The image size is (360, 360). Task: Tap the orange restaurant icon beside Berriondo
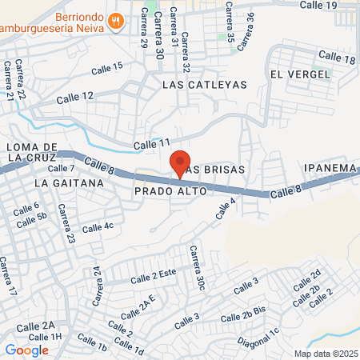click(x=116, y=20)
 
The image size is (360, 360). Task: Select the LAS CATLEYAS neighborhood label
click(x=201, y=83)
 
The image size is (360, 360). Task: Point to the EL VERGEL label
click(x=300, y=74)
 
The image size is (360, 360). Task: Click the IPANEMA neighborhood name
click(x=329, y=167)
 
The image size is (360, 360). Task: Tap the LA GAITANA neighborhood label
click(x=70, y=183)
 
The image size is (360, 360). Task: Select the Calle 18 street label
click(x=337, y=58)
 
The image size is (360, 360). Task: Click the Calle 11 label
click(x=152, y=144)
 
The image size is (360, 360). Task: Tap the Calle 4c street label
click(x=98, y=227)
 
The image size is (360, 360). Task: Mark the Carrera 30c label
click(x=197, y=269)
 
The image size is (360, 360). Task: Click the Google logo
click(x=26, y=350)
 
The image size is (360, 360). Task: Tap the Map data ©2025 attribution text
click(x=324, y=354)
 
